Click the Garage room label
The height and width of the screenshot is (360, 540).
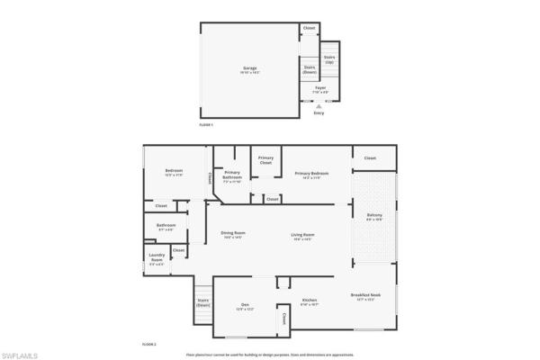click(x=250, y=68)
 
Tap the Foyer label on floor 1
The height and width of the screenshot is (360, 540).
click(x=319, y=89)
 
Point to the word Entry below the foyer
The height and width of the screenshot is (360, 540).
click(x=319, y=112)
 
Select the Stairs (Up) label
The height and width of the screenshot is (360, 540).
click(x=329, y=58)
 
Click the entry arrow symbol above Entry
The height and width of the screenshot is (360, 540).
click(x=319, y=104)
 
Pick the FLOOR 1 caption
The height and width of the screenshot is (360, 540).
click(x=206, y=125)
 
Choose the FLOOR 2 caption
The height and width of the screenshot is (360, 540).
click(x=149, y=345)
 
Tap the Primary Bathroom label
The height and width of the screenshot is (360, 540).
click(x=232, y=177)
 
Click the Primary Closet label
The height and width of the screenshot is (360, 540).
click(x=265, y=160)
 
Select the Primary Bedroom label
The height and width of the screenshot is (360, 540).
click(x=311, y=175)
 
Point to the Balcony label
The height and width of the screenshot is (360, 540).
click(x=374, y=216)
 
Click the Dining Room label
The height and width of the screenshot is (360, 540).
click(x=233, y=236)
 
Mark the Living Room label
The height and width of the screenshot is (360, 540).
click(x=301, y=236)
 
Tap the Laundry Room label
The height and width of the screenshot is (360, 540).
click(x=156, y=259)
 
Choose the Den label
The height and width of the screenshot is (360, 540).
click(x=245, y=306)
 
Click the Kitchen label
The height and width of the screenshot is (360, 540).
click(x=310, y=301)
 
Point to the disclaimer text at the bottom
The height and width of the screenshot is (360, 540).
click(x=269, y=355)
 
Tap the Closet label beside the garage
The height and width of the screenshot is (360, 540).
click(x=310, y=29)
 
